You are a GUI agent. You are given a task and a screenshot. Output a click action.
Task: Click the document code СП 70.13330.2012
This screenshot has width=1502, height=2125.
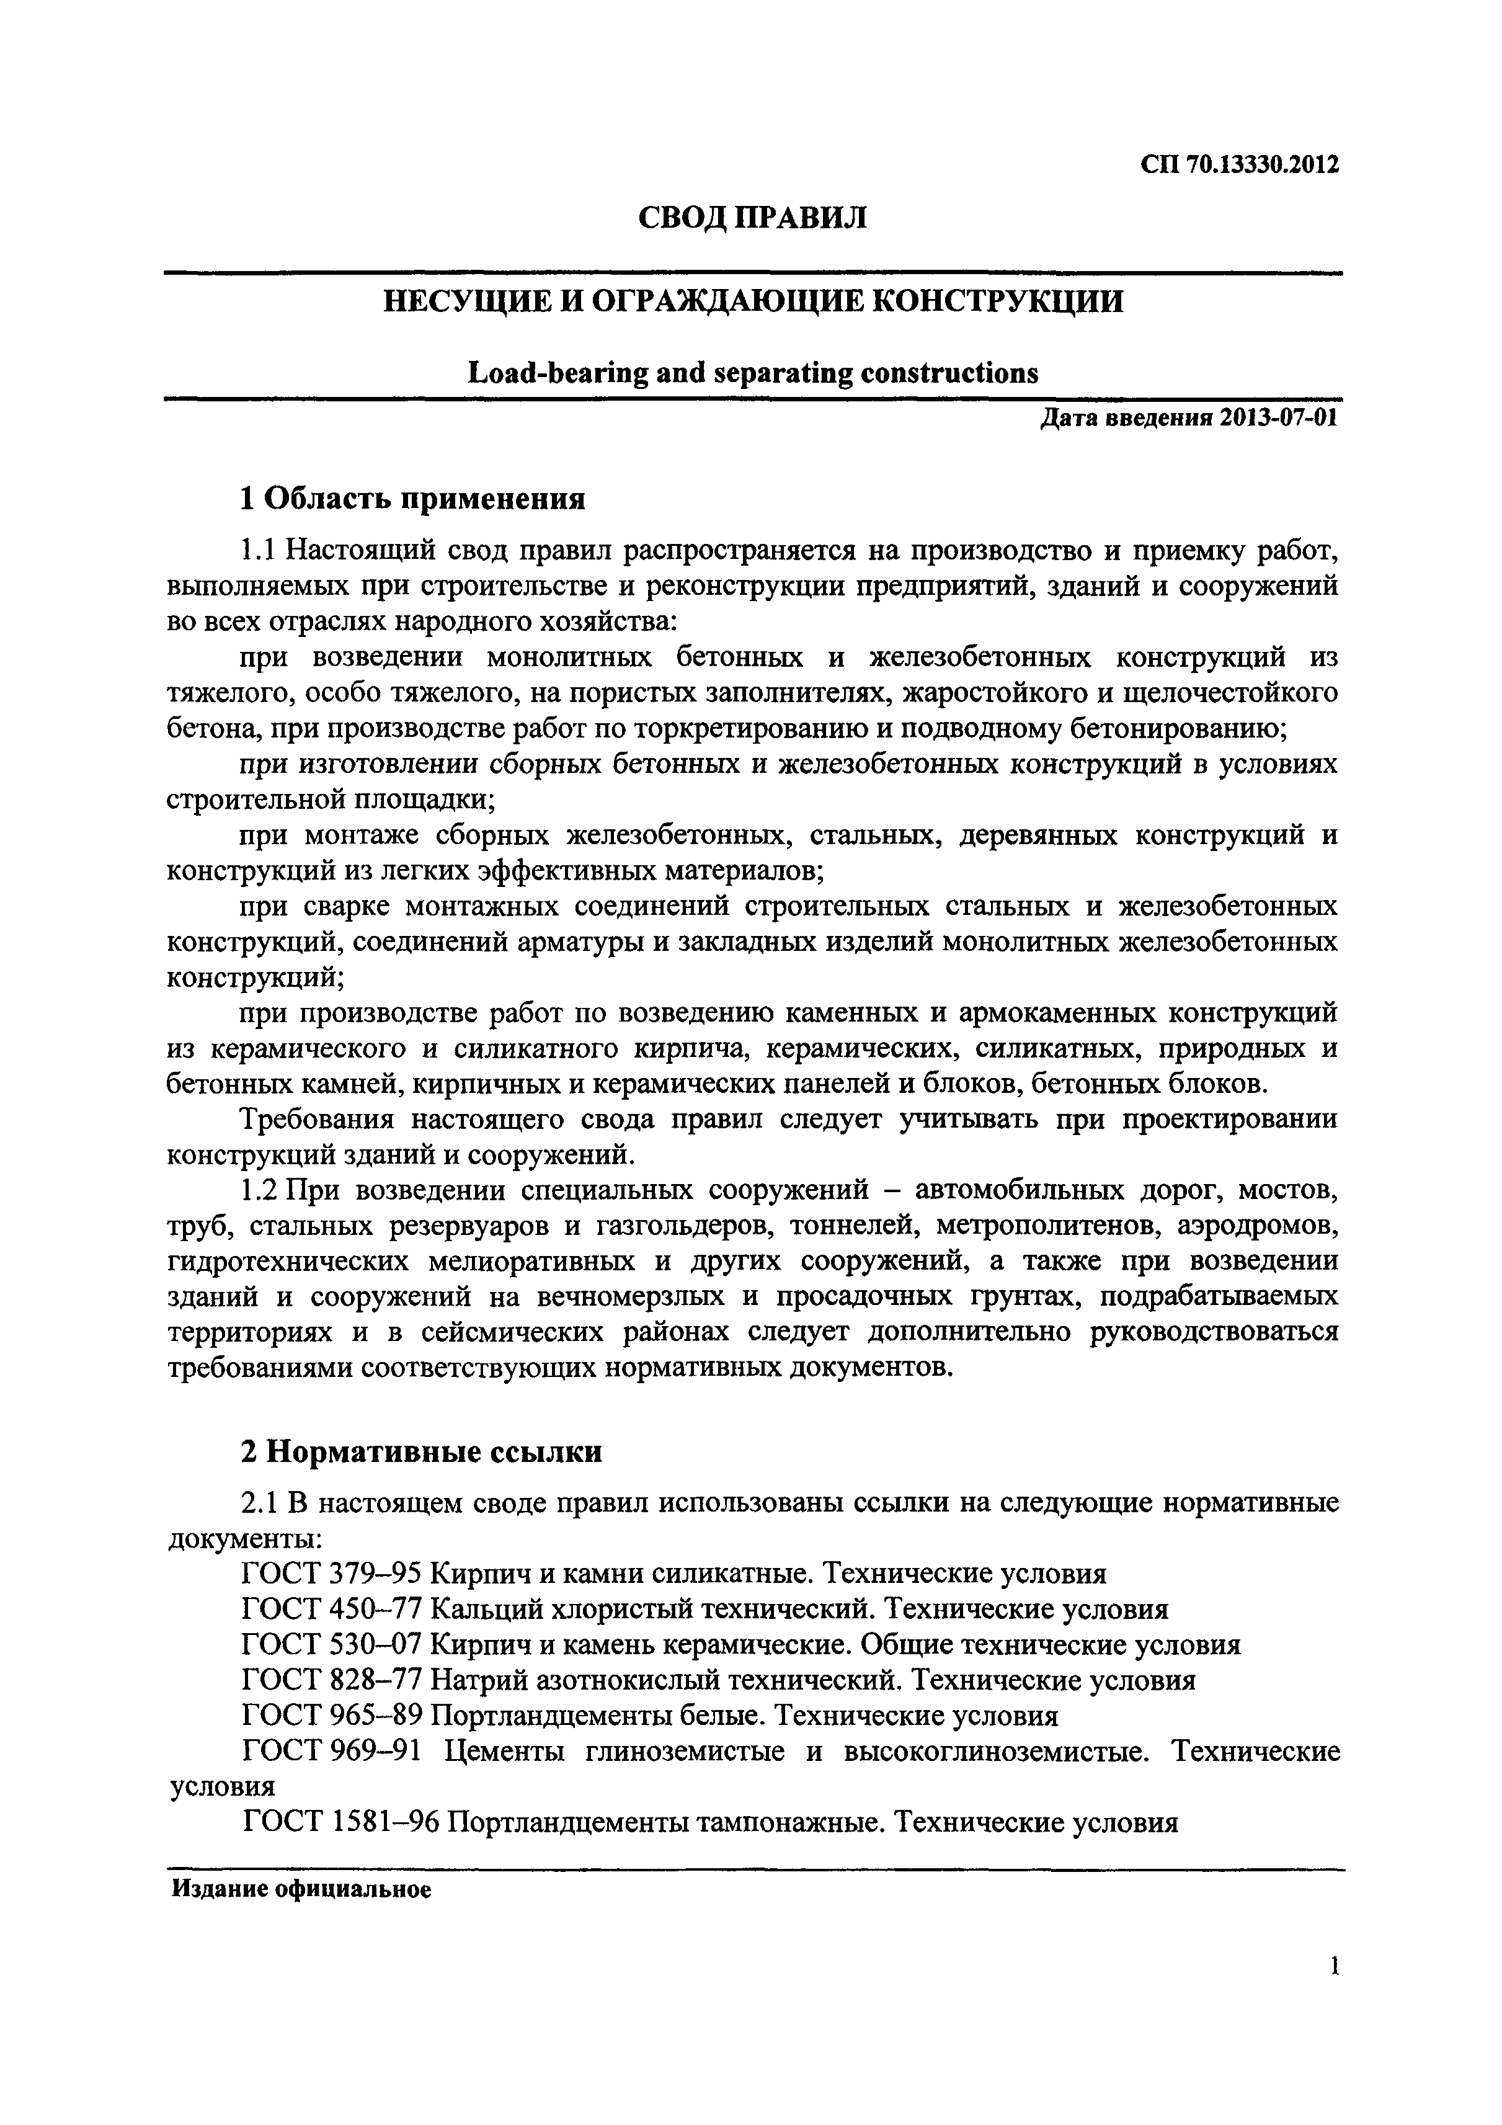point(1239,165)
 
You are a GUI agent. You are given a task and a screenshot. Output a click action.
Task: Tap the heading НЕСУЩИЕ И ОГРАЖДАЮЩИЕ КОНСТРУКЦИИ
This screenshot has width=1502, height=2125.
point(753,301)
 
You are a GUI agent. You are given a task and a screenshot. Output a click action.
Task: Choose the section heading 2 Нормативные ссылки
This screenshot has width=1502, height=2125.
point(421,1452)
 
